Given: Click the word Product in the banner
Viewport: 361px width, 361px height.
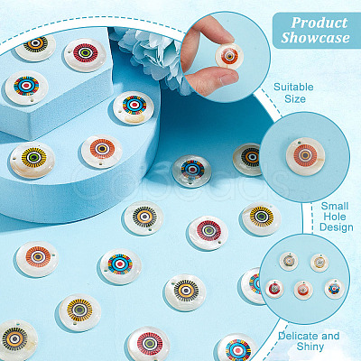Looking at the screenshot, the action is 319,23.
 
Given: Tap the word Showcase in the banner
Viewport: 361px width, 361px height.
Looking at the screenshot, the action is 315,38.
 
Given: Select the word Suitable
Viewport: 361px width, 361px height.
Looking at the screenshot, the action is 293,87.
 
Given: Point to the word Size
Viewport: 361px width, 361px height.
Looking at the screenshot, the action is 295,98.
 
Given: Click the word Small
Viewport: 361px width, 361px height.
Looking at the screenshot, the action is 335,206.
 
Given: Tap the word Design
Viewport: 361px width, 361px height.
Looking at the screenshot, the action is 337,227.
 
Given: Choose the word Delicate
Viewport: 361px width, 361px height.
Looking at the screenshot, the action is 297,336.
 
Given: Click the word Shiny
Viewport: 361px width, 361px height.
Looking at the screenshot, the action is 310,347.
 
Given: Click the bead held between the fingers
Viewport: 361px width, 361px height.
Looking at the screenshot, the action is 229,56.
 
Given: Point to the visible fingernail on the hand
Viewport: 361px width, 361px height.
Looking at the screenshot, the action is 227,79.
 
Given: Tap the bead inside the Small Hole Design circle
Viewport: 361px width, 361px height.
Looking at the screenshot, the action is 306,156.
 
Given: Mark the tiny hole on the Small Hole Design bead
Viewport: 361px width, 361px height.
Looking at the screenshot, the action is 300,141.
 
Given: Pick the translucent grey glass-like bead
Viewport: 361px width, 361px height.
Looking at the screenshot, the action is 192,171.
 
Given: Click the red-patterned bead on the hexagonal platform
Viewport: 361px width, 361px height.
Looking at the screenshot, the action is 86,54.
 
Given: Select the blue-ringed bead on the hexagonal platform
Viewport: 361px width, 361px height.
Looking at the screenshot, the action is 26,88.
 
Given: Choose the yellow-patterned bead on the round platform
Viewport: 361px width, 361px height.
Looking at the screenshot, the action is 32,160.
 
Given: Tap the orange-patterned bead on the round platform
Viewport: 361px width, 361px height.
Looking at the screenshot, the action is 102,151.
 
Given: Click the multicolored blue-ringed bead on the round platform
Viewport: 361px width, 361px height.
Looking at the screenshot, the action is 134,107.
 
